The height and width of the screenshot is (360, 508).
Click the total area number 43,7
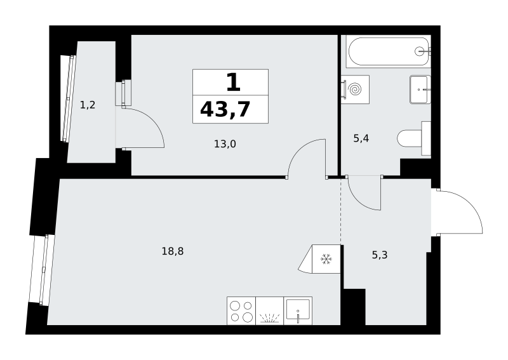225,109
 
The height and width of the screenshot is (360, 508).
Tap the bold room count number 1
233,83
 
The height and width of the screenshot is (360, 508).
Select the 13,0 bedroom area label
225,143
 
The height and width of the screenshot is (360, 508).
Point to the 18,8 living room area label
173,251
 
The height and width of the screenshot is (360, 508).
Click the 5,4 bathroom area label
361,138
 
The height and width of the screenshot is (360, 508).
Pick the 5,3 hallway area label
379,255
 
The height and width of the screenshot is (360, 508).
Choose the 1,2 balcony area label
88,105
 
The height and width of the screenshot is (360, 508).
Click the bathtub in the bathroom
388,51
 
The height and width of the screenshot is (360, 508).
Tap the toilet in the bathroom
414,138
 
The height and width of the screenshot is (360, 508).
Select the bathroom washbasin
420,90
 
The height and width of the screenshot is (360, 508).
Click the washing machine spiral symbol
356,90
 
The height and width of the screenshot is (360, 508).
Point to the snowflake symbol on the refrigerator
326,259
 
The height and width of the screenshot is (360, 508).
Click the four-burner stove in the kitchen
241,310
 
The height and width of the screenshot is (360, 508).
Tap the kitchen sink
298,310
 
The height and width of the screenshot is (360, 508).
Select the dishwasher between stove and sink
269,310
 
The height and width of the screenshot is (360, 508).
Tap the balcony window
69,98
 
